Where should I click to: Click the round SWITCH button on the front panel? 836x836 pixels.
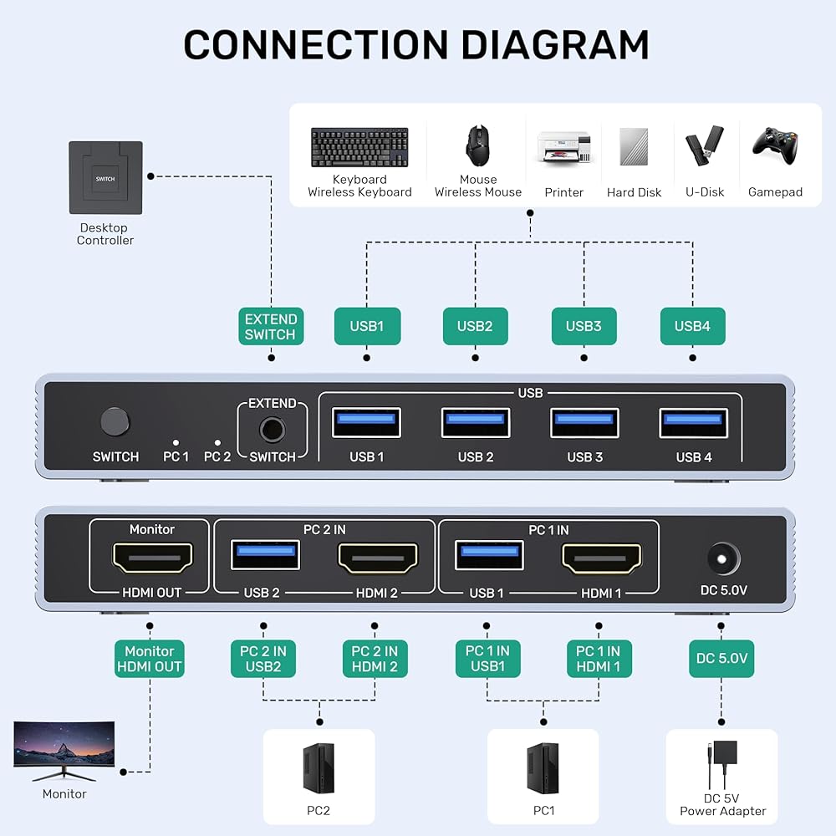[x=115, y=421]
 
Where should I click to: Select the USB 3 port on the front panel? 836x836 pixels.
[x=584, y=422]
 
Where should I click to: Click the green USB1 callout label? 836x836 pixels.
[x=367, y=326]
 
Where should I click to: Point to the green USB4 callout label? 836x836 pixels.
[x=693, y=326]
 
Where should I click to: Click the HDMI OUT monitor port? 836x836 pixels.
[x=153, y=558]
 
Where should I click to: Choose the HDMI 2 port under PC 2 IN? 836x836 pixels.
[x=377, y=558]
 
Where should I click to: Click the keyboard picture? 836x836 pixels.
[x=359, y=148]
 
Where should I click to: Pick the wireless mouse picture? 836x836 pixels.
[x=477, y=145]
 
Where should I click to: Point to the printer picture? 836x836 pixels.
[x=564, y=148]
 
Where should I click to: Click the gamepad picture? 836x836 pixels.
[x=775, y=141]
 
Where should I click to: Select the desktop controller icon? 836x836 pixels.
[x=105, y=178]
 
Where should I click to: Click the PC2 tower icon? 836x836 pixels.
[x=319, y=768]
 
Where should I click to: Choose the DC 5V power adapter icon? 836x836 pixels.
[x=721, y=766]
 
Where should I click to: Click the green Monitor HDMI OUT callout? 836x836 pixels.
[x=150, y=659]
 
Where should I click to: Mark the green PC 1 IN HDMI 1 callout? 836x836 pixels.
[x=598, y=659]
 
